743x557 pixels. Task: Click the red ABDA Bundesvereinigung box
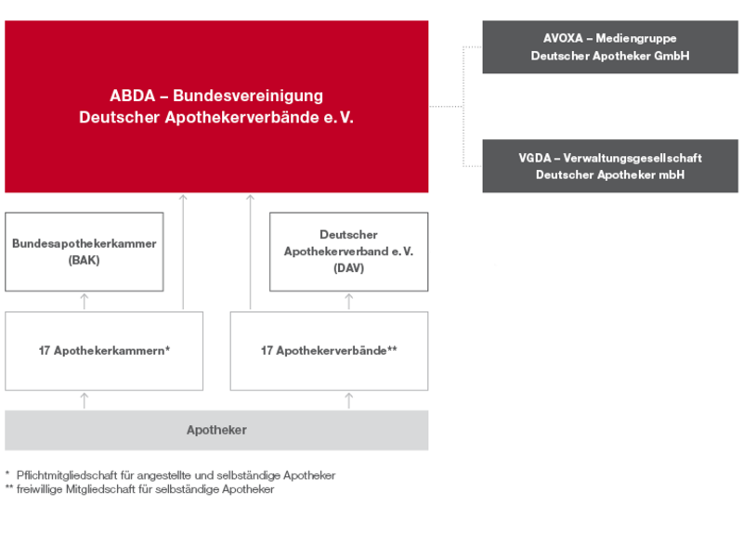pyautogui.click(x=216, y=107)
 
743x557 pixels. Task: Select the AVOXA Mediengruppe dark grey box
pyautogui.click(x=610, y=47)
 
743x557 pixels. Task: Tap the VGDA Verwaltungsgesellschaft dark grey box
pyautogui.click(x=610, y=166)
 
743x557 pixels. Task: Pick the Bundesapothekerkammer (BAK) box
pyautogui.click(x=85, y=252)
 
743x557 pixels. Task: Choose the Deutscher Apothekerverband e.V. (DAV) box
pyautogui.click(x=349, y=252)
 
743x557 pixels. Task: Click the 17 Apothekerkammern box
pyautogui.click(x=104, y=351)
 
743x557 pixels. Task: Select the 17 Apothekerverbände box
pyautogui.click(x=330, y=351)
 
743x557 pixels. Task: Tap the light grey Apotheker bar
pyautogui.click(x=216, y=430)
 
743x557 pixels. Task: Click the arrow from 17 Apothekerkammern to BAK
pyautogui.click(x=85, y=301)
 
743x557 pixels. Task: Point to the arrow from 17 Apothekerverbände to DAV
pyautogui.click(x=349, y=301)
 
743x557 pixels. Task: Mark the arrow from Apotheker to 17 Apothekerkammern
pyautogui.click(x=85, y=401)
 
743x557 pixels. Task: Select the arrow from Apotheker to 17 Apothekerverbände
pyautogui.click(x=349, y=401)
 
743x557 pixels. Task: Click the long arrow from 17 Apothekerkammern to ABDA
pyautogui.click(x=183, y=252)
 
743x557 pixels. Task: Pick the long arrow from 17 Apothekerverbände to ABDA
pyautogui.click(x=250, y=252)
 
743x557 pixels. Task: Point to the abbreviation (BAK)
pyautogui.click(x=84, y=260)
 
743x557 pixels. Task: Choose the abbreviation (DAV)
pyautogui.click(x=349, y=268)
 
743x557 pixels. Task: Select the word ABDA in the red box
pyautogui.click(x=133, y=96)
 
